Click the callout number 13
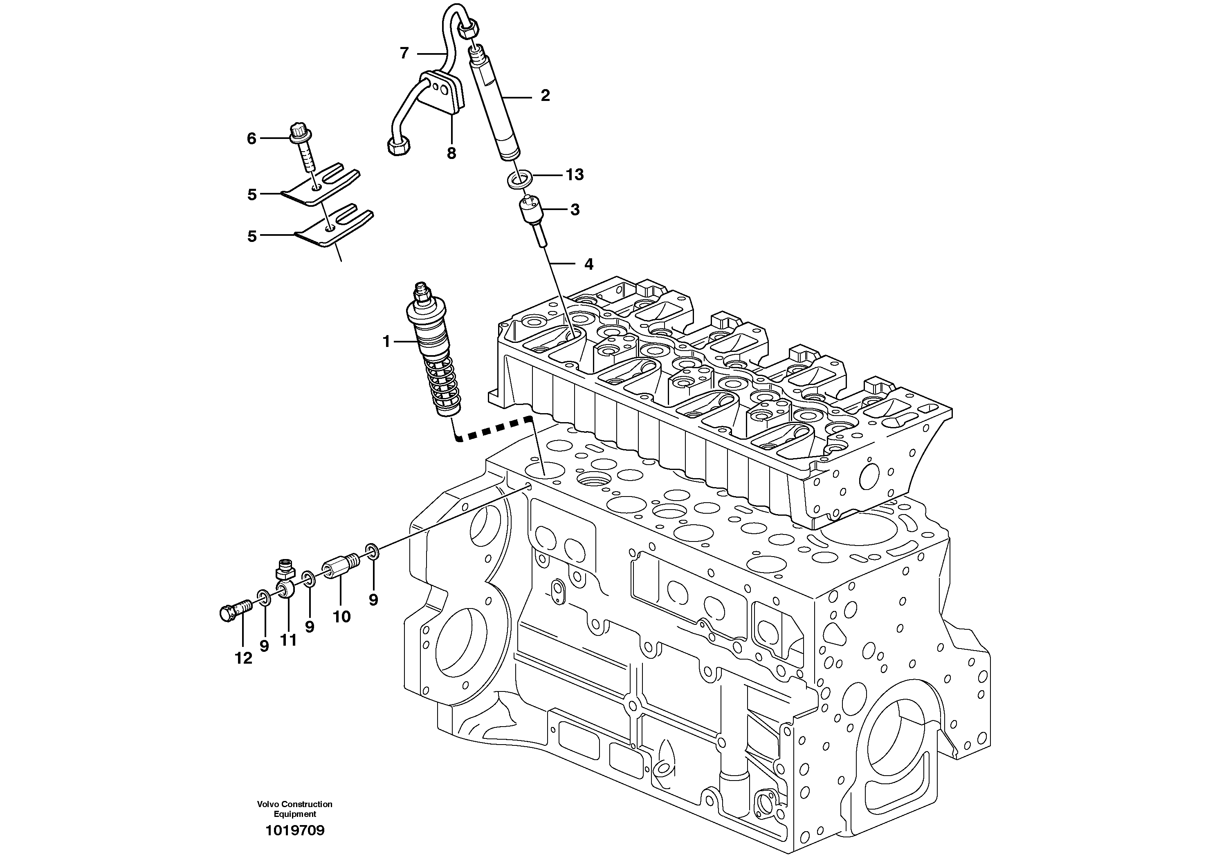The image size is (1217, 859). click(575, 175)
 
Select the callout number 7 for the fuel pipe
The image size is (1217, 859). click(404, 53)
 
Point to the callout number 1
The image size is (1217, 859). click(386, 342)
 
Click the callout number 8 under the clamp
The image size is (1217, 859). click(451, 154)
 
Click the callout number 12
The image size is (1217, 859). click(243, 658)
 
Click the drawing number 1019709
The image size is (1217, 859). click(295, 830)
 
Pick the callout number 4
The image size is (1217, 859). click(588, 264)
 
